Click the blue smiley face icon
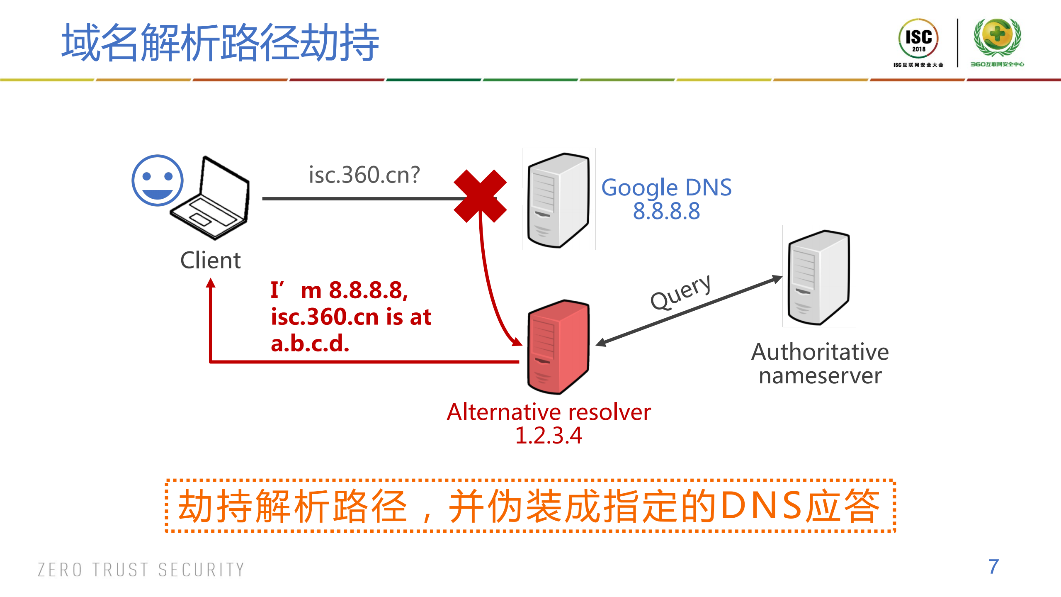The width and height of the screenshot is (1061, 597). coord(157,180)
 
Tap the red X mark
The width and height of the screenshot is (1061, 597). coord(480,196)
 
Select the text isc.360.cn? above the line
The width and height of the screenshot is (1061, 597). coord(364,175)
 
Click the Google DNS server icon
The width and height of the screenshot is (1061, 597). coord(558,199)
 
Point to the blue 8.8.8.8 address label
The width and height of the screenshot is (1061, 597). coord(666,211)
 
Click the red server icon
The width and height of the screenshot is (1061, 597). coord(558,346)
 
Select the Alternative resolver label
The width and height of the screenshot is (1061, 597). coord(549,412)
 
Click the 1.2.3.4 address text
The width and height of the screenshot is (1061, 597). coord(548,436)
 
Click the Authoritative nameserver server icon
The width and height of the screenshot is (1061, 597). coord(818,276)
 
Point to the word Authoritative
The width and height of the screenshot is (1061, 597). coord(820,352)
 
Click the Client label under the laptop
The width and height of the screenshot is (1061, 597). coord(210,261)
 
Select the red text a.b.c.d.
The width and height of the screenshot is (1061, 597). coord(310,344)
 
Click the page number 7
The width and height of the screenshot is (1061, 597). coord(993,567)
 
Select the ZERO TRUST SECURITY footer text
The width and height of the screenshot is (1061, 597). coord(141,570)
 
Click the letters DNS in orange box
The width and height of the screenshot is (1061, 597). coord(761,505)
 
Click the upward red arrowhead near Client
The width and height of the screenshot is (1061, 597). coord(211,283)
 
